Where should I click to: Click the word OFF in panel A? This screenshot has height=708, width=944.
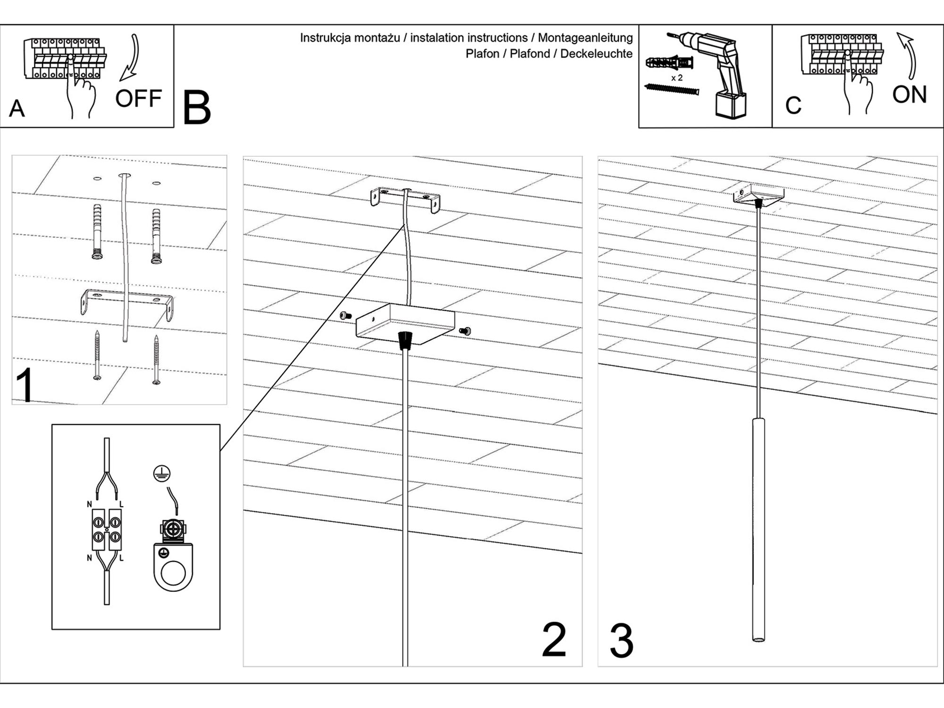pos(138,99)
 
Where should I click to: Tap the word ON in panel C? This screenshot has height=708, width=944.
pos(909,94)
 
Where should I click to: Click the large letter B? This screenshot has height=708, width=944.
pos(196,109)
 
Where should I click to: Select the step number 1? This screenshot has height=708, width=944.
pos(25,385)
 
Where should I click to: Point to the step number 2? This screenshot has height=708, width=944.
pos(554,640)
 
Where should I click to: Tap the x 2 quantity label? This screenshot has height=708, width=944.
pos(676,78)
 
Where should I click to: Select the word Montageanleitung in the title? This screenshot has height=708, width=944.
pos(585,38)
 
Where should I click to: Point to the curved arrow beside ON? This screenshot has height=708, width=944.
pos(909,54)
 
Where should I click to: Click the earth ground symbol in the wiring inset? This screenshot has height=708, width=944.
pos(162,473)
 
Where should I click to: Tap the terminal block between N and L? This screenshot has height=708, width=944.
pos(107,530)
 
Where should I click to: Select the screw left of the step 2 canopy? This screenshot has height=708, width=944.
pos(346,315)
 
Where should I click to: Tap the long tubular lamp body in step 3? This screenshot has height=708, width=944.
pos(759,529)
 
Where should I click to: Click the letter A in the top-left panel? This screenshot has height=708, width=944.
pos(17,109)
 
